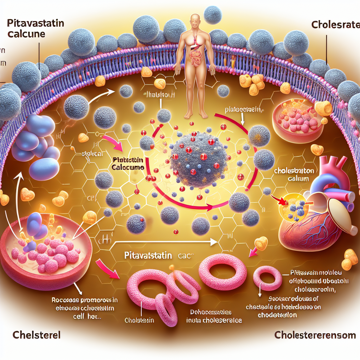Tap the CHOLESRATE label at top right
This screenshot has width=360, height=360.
(x=334, y=25)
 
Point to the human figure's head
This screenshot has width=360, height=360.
(x=195, y=20)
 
